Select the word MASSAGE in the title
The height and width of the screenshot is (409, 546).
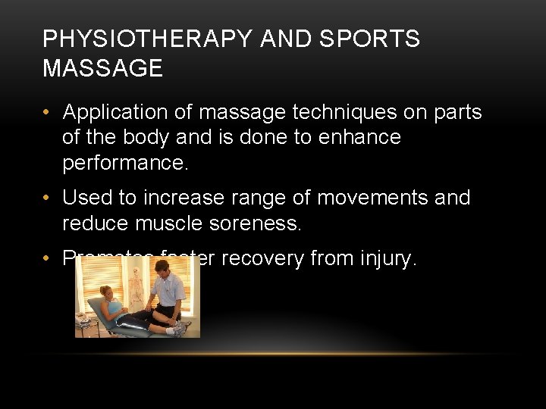(x=102, y=69)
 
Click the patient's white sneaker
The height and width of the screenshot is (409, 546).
(x=180, y=328)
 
